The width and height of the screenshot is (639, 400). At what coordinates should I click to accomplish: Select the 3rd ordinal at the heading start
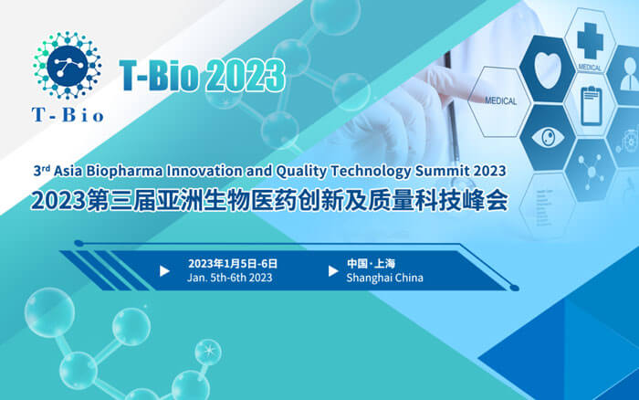point(40,170)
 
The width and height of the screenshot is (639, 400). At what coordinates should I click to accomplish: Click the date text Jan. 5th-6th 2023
point(229,278)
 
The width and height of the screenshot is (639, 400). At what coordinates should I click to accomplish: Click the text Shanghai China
point(385,278)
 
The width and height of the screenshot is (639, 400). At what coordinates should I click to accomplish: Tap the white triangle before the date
point(164,270)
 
